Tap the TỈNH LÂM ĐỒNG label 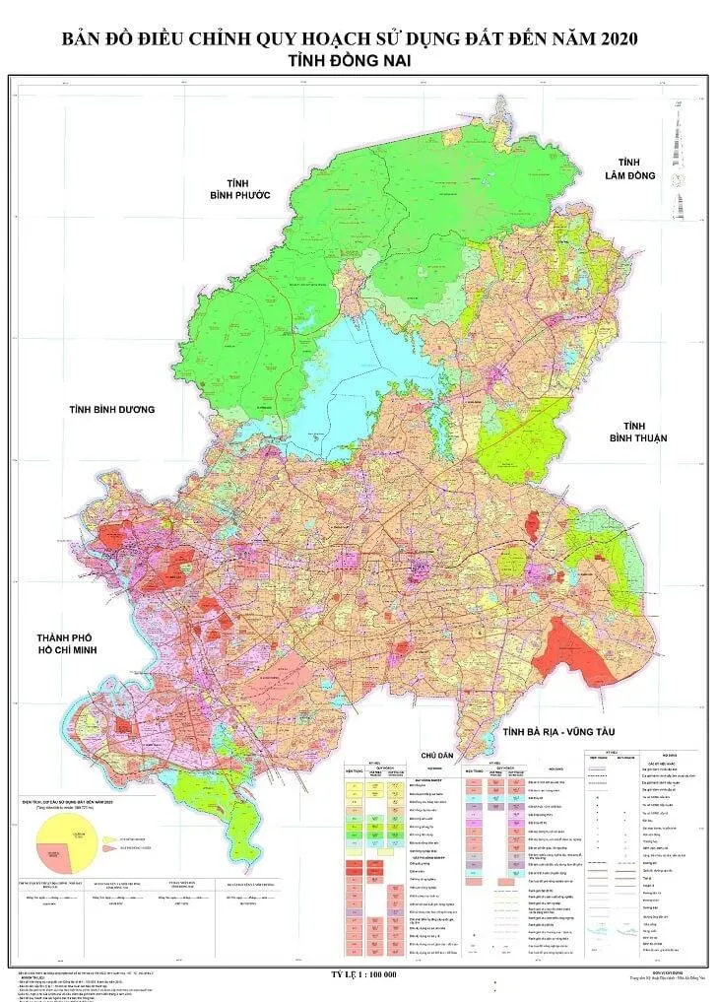(x=629, y=168)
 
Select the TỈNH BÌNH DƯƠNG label (x=112, y=409)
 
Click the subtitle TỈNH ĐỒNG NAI (x=359, y=61)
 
